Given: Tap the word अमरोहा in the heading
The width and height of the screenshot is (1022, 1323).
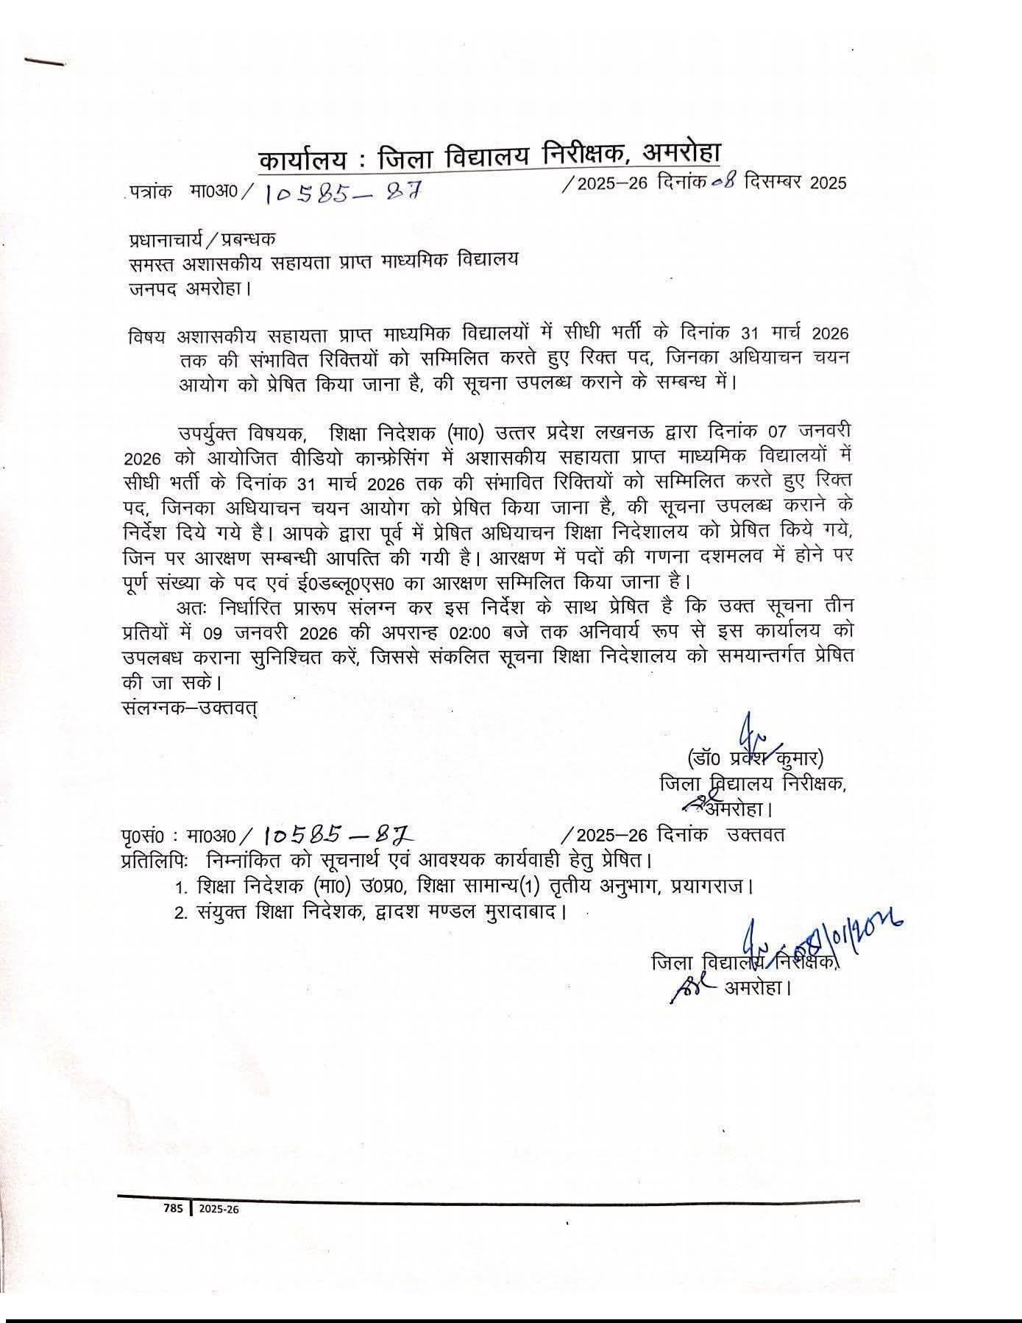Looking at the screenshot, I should pyautogui.click(x=681, y=152).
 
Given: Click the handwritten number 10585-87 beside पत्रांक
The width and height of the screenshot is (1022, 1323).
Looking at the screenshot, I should pyautogui.click(x=341, y=193).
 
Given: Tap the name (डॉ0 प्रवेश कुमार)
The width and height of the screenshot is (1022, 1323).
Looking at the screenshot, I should pyautogui.click(x=755, y=758).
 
